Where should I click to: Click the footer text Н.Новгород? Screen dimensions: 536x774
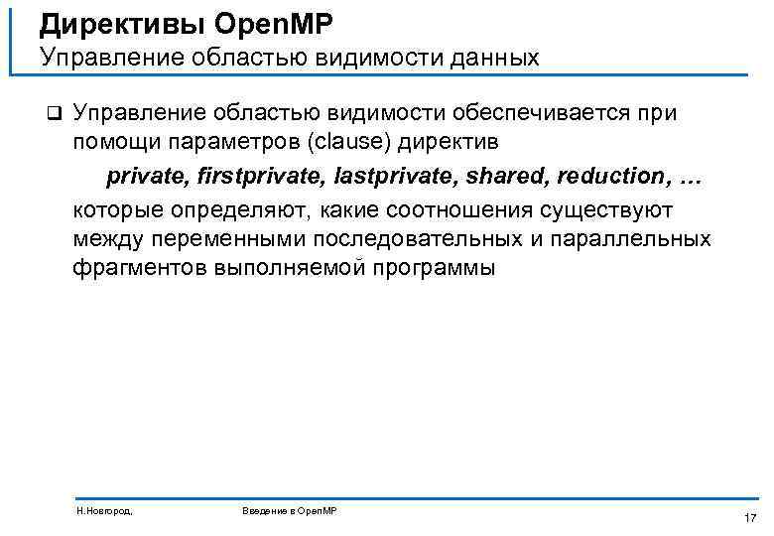(105, 510)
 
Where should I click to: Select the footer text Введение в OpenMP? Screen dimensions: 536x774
(290, 510)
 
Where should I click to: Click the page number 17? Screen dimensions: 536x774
(749, 517)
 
